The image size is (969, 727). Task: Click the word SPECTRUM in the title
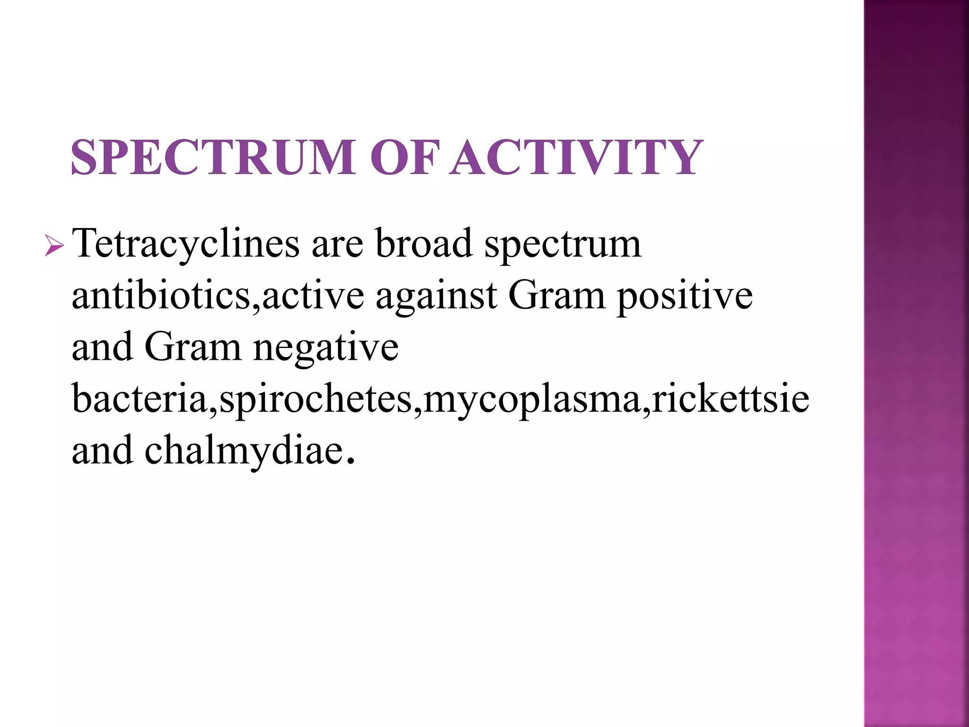(x=213, y=157)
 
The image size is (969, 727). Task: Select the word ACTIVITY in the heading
(x=575, y=157)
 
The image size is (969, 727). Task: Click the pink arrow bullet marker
(x=54, y=246)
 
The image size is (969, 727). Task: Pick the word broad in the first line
(x=424, y=244)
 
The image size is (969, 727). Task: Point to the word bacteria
(x=140, y=399)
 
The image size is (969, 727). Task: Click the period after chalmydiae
(x=350, y=461)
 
